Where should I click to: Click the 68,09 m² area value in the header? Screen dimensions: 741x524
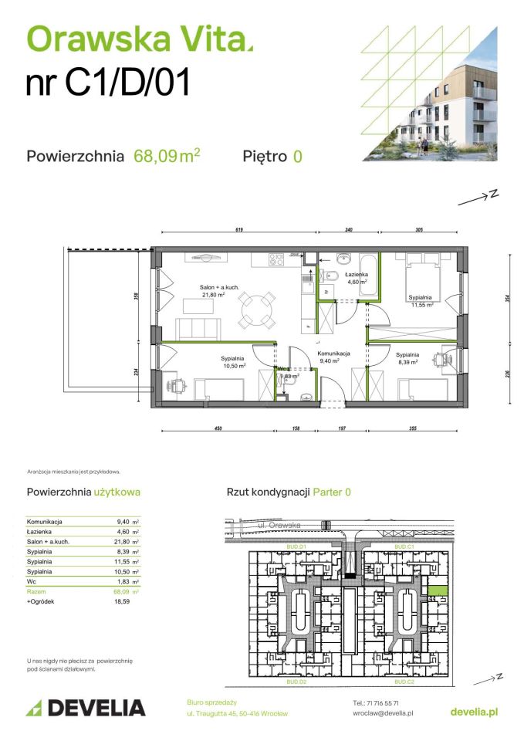coord(167,156)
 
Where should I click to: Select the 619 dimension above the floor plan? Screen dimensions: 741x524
coord(240,229)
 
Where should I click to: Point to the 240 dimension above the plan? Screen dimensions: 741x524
coord(348,229)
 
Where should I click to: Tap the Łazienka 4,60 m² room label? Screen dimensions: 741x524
coord(357,278)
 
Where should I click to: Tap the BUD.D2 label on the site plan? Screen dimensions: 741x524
coord(297,683)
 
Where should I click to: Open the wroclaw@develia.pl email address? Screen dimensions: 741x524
coord(381,713)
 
